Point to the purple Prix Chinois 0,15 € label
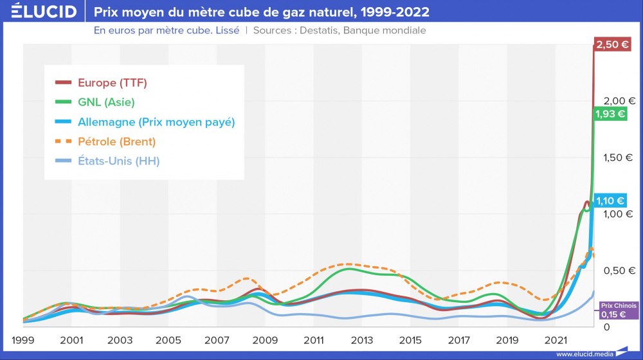(618, 311)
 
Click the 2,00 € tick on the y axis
(619, 100)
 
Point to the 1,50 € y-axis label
(619, 157)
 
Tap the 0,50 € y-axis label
(619, 271)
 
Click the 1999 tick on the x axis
(23, 339)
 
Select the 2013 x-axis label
(362, 339)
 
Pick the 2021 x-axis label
(556, 339)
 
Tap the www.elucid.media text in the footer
(584, 354)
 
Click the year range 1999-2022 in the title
(393, 12)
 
